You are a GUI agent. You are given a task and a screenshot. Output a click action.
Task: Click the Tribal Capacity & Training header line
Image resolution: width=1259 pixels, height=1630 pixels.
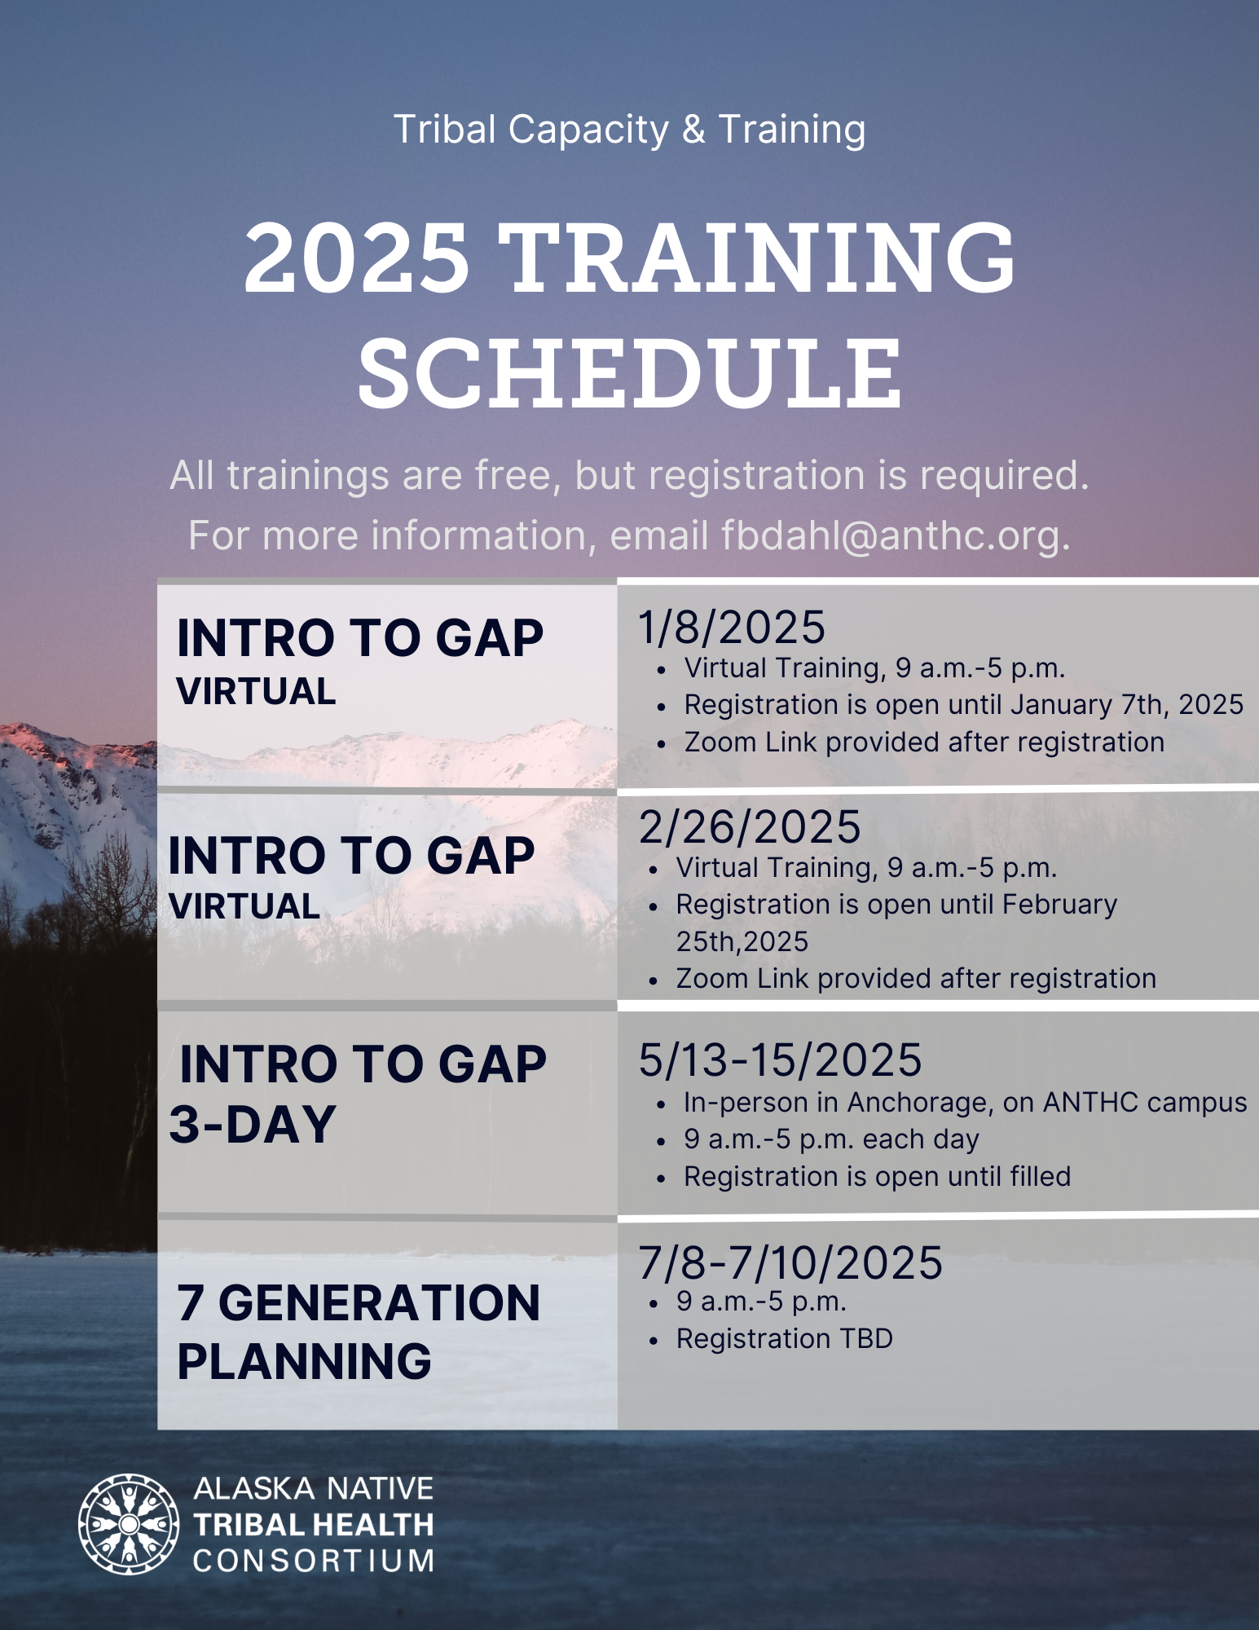coord(629,130)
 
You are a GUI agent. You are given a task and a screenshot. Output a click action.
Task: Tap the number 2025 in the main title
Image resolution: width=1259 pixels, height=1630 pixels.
coord(357,258)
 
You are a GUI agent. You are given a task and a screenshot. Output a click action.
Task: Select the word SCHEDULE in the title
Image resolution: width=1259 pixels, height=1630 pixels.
coord(630,373)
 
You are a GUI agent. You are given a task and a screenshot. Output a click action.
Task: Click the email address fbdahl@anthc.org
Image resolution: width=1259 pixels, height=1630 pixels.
coord(896,536)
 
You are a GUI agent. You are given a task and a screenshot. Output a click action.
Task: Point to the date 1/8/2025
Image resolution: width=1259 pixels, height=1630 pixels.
coord(732,628)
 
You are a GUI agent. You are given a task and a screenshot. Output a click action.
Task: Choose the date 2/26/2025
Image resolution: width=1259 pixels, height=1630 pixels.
coord(750,827)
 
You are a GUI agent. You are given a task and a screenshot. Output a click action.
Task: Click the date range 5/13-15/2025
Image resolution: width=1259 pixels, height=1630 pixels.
coord(780,1060)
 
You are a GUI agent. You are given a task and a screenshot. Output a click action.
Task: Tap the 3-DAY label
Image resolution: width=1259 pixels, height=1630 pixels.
coord(253,1124)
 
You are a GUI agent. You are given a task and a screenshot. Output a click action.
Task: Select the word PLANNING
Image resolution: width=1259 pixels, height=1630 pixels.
coord(304,1361)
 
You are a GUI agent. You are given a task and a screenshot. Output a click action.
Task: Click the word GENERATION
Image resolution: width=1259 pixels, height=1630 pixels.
coord(379,1302)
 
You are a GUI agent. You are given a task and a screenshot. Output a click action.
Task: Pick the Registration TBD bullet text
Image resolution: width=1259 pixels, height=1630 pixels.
coord(784,1338)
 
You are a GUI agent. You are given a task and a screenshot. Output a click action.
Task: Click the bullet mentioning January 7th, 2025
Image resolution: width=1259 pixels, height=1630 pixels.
coord(963,704)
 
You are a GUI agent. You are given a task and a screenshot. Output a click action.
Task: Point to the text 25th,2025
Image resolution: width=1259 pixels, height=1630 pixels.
coord(742,941)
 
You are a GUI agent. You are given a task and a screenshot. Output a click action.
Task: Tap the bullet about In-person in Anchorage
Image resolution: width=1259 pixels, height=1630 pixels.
coord(965,1102)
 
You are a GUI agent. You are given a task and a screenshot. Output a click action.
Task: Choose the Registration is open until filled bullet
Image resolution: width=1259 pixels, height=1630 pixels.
coord(877,1176)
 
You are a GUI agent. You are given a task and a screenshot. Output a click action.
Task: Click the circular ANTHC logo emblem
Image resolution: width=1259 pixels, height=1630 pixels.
coord(129,1524)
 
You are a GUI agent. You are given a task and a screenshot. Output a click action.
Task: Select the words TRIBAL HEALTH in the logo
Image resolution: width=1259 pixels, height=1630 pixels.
coord(314,1525)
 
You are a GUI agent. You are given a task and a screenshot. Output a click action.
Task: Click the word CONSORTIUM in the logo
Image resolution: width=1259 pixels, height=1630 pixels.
coord(314,1561)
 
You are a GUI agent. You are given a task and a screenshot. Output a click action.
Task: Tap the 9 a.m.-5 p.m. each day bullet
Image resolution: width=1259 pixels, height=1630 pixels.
coord(831,1139)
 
